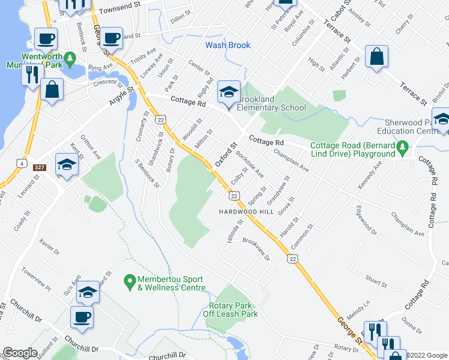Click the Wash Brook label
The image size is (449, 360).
(228, 45)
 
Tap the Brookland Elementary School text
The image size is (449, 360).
(271, 103)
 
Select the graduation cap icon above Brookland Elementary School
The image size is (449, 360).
(229, 92)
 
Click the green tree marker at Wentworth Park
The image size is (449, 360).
(70, 58)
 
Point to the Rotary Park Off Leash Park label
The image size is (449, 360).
(229, 308)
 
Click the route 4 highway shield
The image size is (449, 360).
(22, 163)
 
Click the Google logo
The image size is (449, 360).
(20, 353)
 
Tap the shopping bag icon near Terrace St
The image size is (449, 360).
(377, 57)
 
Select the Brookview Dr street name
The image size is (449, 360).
(257, 247)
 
